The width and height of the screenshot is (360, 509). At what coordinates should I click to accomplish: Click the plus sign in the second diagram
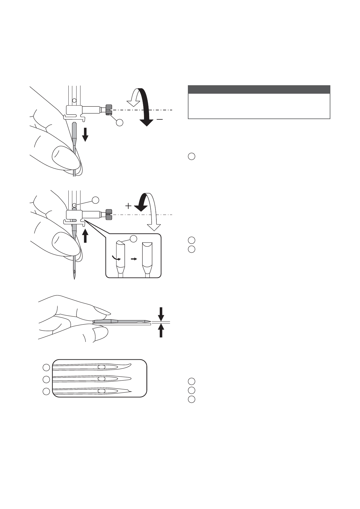coord(129,206)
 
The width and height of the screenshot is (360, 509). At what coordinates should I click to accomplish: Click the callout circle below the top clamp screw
coord(120,123)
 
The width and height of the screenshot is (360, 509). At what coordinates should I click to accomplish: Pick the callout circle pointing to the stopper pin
coord(95,199)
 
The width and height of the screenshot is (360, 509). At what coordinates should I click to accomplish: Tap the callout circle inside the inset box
coord(133,238)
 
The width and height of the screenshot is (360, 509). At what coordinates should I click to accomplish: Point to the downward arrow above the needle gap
coord(161,314)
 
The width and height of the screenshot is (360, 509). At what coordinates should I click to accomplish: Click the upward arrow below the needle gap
coord(161,330)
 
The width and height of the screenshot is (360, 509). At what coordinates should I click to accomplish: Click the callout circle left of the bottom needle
coord(46,391)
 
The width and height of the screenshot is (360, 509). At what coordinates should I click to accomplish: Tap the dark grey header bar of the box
coord(259,89)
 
